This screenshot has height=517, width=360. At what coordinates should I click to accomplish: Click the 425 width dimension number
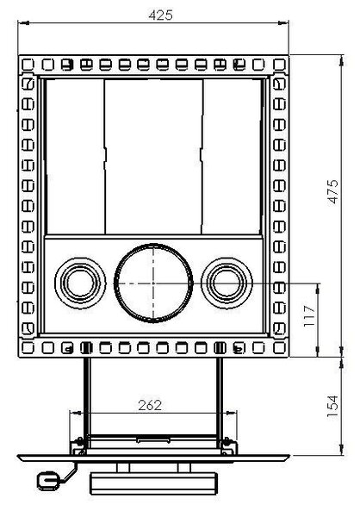tap(160, 16)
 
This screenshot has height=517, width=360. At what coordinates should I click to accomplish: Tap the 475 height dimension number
tap(332, 191)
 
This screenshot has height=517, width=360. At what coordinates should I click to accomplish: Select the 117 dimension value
tap(309, 316)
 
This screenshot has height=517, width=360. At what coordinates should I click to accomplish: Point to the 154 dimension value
tap(332, 406)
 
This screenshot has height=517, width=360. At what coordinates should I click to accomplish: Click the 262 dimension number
tap(150, 405)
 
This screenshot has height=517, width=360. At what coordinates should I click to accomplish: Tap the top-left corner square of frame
tap(28, 65)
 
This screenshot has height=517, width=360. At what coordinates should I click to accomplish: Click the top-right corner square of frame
tap(280, 65)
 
